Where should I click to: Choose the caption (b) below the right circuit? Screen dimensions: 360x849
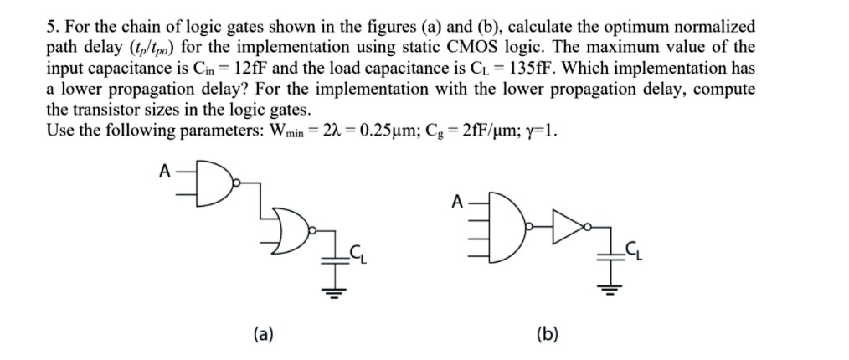(x=548, y=335)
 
